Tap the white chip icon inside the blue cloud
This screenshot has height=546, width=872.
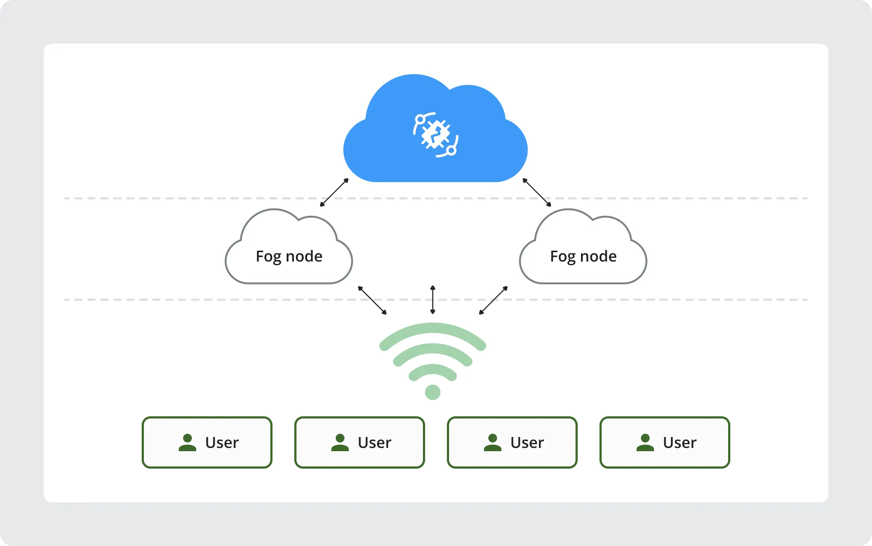click(x=435, y=135)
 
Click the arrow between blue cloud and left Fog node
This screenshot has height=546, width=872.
click(x=334, y=193)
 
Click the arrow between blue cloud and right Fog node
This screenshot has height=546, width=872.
click(x=537, y=193)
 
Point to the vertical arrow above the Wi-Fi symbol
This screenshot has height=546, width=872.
click(x=433, y=300)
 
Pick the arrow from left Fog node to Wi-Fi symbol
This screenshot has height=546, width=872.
click(x=372, y=300)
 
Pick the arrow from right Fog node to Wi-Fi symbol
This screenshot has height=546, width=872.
click(x=493, y=300)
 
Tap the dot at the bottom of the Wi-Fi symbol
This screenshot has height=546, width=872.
click(x=433, y=392)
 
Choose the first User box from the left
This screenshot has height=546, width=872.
click(x=207, y=442)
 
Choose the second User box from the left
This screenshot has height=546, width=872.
click(x=360, y=442)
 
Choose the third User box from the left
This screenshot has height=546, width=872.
click(x=512, y=442)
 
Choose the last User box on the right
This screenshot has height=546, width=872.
click(x=665, y=442)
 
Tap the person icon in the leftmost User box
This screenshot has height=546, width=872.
click(x=187, y=443)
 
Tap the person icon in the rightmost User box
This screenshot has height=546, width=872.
click(x=645, y=443)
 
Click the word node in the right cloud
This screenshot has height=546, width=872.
click(x=598, y=256)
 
